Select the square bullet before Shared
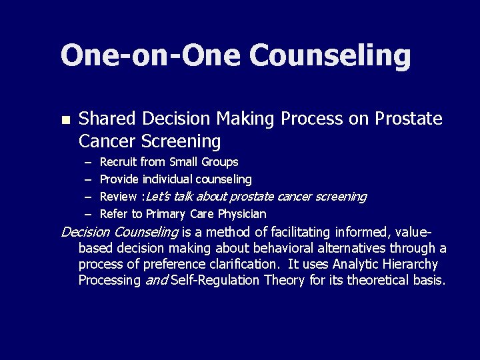65,120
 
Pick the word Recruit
118,162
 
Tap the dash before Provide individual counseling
88,179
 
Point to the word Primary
167,214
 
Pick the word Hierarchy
407,265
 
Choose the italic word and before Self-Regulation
157,281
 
